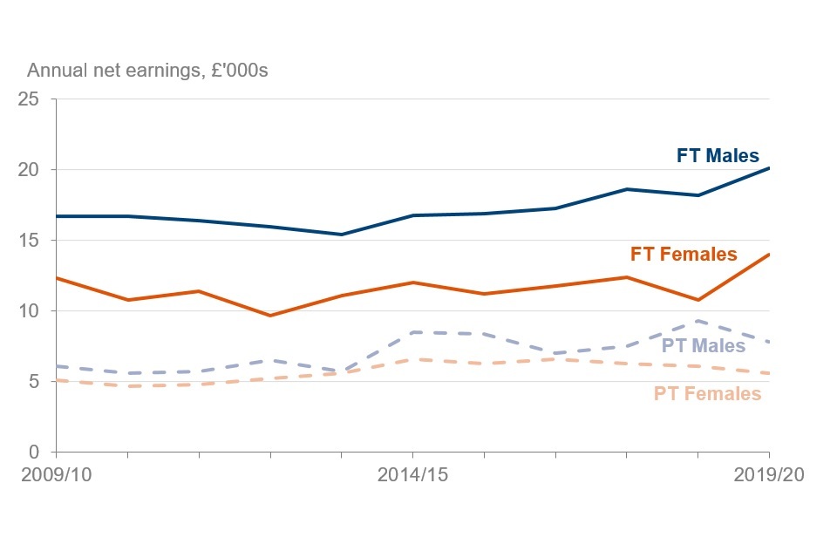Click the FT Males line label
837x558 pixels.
tap(718, 156)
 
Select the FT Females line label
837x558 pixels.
tap(684, 255)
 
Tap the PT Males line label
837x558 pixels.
tap(704, 345)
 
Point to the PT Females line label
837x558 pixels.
tap(707, 393)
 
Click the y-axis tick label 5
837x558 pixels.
tap(34, 382)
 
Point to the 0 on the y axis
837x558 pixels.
tap(34, 453)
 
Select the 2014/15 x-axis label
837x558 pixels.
tap(412, 476)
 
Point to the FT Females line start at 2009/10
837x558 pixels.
tap(57, 278)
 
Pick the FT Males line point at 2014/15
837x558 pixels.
tap(412, 215)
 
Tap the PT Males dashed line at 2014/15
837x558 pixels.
tap(412, 332)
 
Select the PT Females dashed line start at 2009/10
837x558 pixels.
tap(57, 380)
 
